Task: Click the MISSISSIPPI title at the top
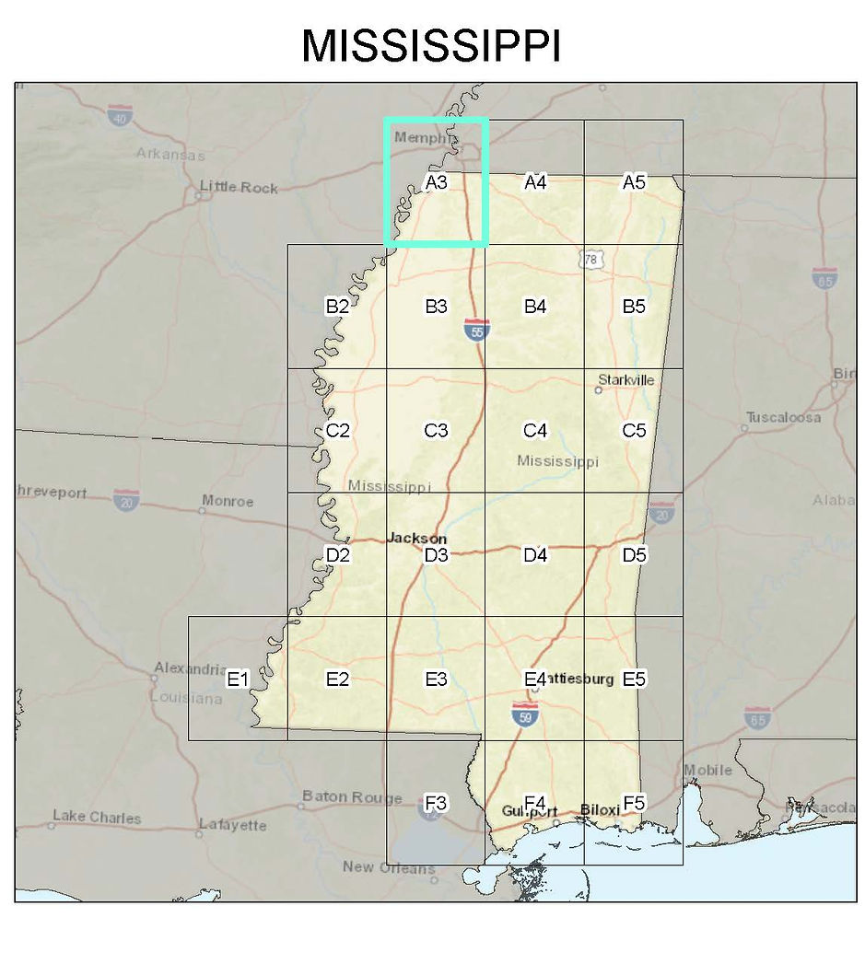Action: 431,45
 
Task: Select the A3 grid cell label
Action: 436,182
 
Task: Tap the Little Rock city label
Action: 239,188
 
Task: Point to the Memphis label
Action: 424,138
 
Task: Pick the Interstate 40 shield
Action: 119,115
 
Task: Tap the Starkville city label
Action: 625,379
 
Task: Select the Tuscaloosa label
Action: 783,417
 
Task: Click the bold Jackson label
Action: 417,539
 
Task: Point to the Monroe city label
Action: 227,502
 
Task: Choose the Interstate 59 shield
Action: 525,715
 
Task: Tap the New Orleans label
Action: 388,867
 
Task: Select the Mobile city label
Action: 707,770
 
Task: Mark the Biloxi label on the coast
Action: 600,810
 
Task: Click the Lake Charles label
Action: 97,817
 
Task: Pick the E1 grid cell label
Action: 238,679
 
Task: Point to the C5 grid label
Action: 634,430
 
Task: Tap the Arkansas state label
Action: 170,154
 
